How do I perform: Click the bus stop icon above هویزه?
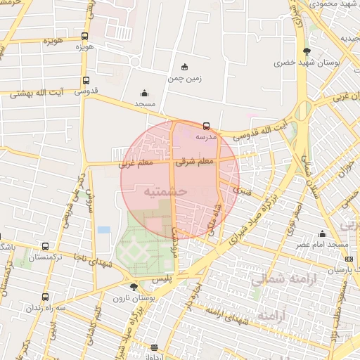[x=85, y=37]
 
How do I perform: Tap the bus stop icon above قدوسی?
[x=86, y=80]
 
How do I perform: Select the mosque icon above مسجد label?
[x=145, y=93]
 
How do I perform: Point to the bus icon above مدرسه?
[x=206, y=126]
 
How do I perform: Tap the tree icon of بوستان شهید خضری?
[x=307, y=51]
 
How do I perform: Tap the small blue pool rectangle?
[x=104, y=230]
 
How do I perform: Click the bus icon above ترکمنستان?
[x=46, y=247]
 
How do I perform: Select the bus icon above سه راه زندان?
[x=46, y=297]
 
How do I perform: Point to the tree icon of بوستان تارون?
[x=134, y=287]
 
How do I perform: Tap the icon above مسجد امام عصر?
[x=323, y=233]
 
